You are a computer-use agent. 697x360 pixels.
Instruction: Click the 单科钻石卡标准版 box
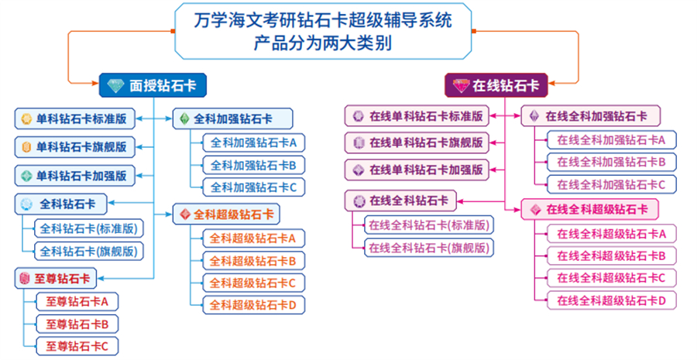click(74, 118)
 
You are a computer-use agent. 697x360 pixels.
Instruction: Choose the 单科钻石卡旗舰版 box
click(74, 146)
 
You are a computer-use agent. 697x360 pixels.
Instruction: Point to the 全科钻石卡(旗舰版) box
click(91, 251)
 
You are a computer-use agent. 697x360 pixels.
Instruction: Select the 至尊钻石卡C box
click(76, 345)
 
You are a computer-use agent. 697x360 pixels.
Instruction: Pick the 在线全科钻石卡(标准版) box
click(428, 225)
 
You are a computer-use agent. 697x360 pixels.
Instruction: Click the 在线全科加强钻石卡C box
click(606, 184)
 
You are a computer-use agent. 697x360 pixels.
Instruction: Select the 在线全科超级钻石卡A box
click(606, 233)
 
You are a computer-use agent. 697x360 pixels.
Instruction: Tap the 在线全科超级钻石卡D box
click(606, 300)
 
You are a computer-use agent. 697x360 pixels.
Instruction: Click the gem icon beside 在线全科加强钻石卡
click(534, 116)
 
